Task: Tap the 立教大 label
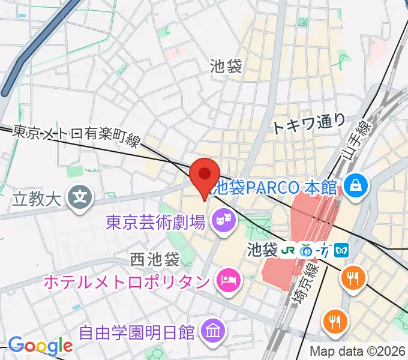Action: pyautogui.click(x=37, y=197)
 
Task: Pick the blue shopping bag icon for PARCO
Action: pyautogui.click(x=355, y=185)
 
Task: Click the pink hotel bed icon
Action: pyautogui.click(x=227, y=280)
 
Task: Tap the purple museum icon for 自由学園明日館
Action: pyautogui.click(x=213, y=329)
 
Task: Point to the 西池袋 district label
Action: pyautogui.click(x=155, y=260)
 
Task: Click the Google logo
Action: pyautogui.click(x=40, y=346)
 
